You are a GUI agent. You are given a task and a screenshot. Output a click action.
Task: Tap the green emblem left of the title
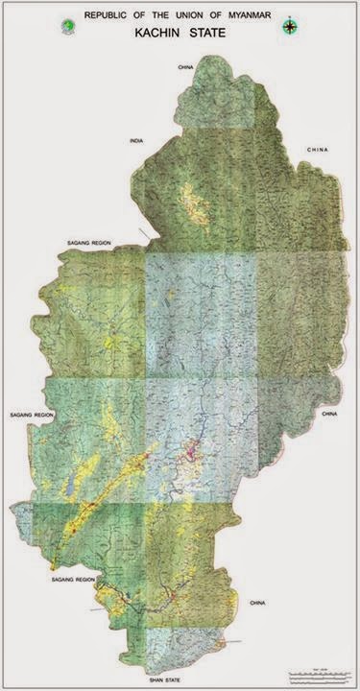65,25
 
